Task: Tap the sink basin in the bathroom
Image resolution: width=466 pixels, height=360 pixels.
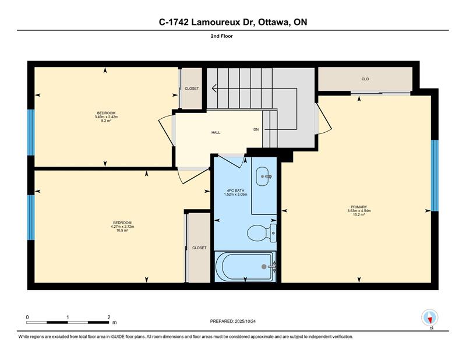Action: click(x=264, y=177)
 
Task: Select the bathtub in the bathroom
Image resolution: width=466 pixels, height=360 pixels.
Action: click(x=245, y=266)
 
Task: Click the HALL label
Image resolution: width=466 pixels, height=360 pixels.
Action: click(x=216, y=133)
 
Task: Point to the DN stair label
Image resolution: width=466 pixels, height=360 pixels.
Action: click(x=256, y=130)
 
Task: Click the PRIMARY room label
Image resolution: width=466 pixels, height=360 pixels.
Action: click(x=359, y=207)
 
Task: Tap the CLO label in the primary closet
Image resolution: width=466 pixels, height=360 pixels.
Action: click(x=365, y=79)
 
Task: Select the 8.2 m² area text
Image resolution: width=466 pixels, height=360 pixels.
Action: click(x=106, y=121)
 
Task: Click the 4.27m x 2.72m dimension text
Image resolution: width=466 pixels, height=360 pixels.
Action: click(x=122, y=227)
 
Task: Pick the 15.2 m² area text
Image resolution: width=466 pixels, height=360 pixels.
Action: click(x=359, y=214)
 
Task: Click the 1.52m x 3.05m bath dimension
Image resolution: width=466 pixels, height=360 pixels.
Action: click(x=236, y=195)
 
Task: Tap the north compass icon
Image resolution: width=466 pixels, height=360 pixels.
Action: click(x=430, y=317)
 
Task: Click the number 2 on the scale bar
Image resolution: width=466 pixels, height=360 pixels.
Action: click(x=109, y=317)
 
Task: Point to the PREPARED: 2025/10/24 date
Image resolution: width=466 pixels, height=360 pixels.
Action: click(x=233, y=322)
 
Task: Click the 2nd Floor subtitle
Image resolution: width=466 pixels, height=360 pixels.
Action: click(x=222, y=36)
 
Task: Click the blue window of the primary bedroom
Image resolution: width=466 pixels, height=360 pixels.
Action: click(x=435, y=175)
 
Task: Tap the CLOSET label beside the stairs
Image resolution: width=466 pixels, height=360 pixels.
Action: click(x=192, y=89)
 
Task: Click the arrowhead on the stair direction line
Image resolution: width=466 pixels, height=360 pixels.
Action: click(x=214, y=89)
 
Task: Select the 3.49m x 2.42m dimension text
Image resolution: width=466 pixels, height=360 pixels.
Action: click(x=107, y=117)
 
